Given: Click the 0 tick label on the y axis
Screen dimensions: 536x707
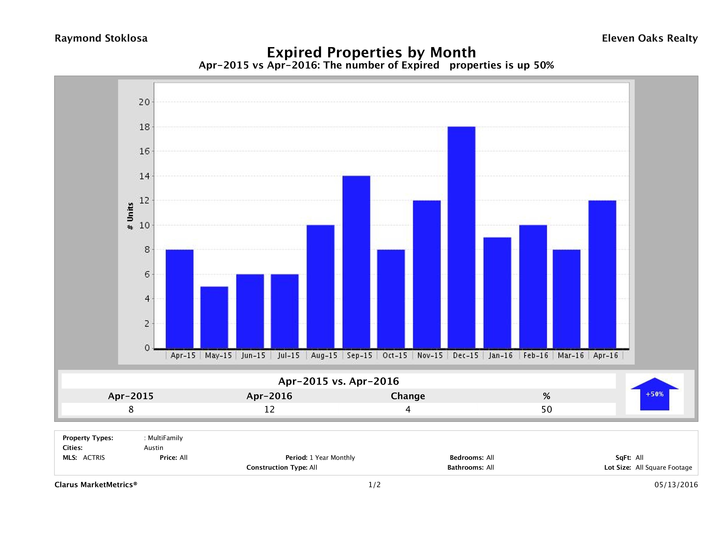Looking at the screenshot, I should [x=147, y=348].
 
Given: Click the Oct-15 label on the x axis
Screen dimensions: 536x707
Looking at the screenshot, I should [x=395, y=356].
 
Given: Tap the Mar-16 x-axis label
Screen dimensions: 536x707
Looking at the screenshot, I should [x=571, y=356].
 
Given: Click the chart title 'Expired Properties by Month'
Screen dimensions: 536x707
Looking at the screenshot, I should [x=371, y=52].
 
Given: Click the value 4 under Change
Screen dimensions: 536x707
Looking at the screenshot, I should [x=408, y=409].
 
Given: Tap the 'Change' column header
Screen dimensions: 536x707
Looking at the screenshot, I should [x=408, y=396].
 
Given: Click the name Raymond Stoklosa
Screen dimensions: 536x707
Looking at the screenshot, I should [x=101, y=38].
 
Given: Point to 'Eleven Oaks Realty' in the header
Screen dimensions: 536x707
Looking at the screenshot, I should [x=649, y=38].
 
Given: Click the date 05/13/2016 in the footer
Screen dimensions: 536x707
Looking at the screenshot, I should [x=676, y=485].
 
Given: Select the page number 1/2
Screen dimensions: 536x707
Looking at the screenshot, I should [x=374, y=485].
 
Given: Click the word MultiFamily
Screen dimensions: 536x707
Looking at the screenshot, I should [x=165, y=438].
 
